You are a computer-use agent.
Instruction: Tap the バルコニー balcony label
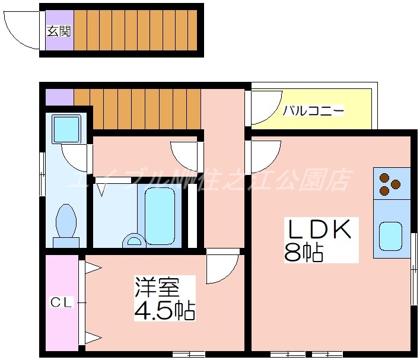coord(313,110)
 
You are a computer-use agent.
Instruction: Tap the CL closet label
coord(61,302)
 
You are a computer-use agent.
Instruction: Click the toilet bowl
coord(66,222)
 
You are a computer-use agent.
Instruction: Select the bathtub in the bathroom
coord(160,215)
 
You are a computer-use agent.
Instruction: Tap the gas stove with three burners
coord(391,183)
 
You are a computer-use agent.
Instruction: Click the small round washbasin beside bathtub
coord(133,240)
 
